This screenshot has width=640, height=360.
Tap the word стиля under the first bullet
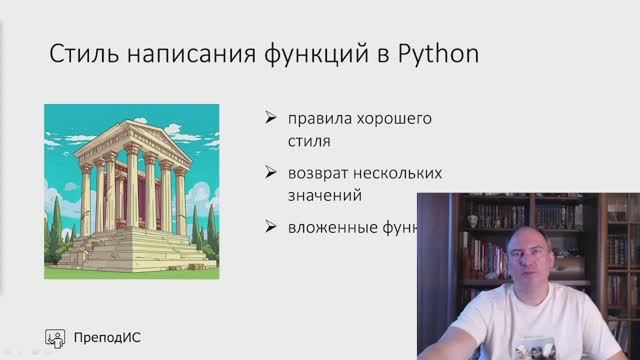point(310,141)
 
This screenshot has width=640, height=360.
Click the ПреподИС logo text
point(108,337)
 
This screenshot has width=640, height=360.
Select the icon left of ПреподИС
point(57,337)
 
